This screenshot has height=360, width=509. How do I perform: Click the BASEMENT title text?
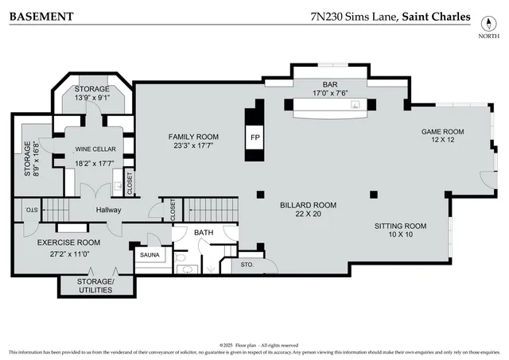pyautogui.click(x=42, y=16)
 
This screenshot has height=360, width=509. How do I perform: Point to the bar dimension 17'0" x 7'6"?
pyautogui.click(x=330, y=92)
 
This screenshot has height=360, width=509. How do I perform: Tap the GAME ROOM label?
pyautogui.click(x=442, y=132)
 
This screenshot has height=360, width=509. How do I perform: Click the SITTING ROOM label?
pyautogui.click(x=400, y=226)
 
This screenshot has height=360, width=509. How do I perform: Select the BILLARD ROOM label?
pyautogui.click(x=308, y=205)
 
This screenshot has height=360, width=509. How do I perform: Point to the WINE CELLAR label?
pyautogui.click(x=95, y=149)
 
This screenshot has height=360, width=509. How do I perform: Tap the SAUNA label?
pyautogui.click(x=150, y=254)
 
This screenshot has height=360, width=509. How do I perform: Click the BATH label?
pyautogui.click(x=204, y=232)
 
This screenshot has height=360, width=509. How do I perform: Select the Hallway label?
pyautogui.click(x=108, y=210)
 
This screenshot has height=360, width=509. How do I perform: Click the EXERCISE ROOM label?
pyautogui.click(x=68, y=242)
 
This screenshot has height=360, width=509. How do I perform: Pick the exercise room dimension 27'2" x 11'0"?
pyautogui.click(x=68, y=254)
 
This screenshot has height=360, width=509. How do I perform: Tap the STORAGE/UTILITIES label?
pyautogui.click(x=95, y=286)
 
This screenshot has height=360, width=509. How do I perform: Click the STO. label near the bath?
pyautogui.click(x=247, y=265)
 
